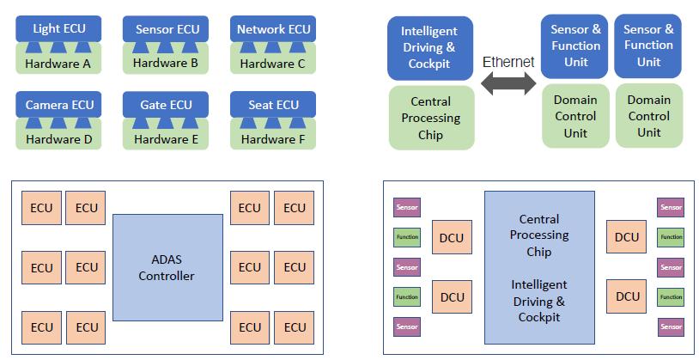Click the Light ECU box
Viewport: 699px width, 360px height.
[58, 29]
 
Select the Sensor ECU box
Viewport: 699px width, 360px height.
[167, 29]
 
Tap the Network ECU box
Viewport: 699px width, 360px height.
[273, 29]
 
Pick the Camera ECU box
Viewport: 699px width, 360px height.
[59, 105]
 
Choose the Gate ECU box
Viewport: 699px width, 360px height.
[167, 105]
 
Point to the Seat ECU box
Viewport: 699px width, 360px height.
[273, 105]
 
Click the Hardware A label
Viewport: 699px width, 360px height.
[58, 63]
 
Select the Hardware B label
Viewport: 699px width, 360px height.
[167, 63]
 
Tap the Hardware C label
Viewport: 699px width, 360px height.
[273, 63]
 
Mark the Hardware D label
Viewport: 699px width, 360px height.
[58, 138]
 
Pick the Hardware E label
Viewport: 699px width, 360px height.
[167, 138]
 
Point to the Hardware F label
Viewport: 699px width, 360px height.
[273, 138]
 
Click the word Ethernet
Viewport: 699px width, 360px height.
[508, 62]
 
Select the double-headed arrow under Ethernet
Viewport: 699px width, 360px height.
[508, 84]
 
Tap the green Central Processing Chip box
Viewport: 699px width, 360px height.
[431, 118]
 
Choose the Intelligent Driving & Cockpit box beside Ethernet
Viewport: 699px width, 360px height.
[429, 48]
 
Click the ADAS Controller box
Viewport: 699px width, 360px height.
[167, 267]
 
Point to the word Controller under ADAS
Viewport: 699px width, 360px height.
[167, 276]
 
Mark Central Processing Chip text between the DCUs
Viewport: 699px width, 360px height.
[539, 235]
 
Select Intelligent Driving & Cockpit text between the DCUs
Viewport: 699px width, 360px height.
[539, 301]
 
